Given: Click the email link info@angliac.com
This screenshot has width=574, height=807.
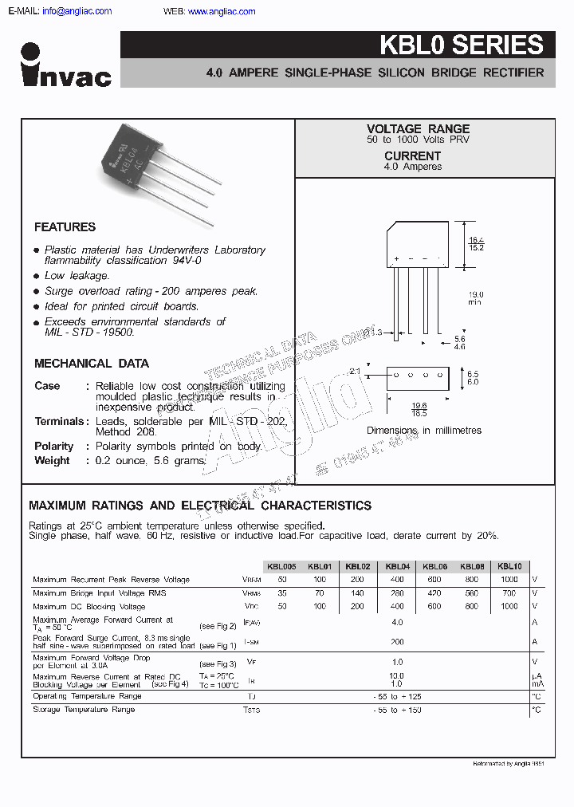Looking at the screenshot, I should (77, 11).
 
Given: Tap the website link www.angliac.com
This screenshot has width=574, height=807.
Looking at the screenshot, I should (222, 11).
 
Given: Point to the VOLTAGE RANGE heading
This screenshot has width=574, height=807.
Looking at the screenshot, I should (418, 128).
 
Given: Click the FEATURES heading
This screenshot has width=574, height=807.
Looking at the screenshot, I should (65, 227).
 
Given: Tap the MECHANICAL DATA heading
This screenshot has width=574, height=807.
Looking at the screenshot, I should (91, 364).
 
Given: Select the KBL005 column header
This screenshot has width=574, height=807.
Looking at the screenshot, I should (281, 566).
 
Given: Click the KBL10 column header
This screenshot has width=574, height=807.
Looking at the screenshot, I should (509, 566).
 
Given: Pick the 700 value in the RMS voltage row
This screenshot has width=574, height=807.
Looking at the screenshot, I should (509, 593).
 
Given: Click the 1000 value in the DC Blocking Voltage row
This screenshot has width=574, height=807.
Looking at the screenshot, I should (509, 607).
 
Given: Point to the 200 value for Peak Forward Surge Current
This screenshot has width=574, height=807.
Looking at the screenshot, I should (397, 642).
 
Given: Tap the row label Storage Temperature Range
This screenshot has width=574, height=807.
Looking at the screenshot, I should (84, 710).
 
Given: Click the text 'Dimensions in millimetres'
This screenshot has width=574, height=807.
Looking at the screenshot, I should (423, 431).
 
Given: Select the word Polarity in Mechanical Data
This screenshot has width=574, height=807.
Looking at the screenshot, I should (53, 447).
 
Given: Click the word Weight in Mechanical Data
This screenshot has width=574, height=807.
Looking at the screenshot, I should (52, 461).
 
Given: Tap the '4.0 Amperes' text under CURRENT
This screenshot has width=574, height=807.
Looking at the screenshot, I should (412, 167).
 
